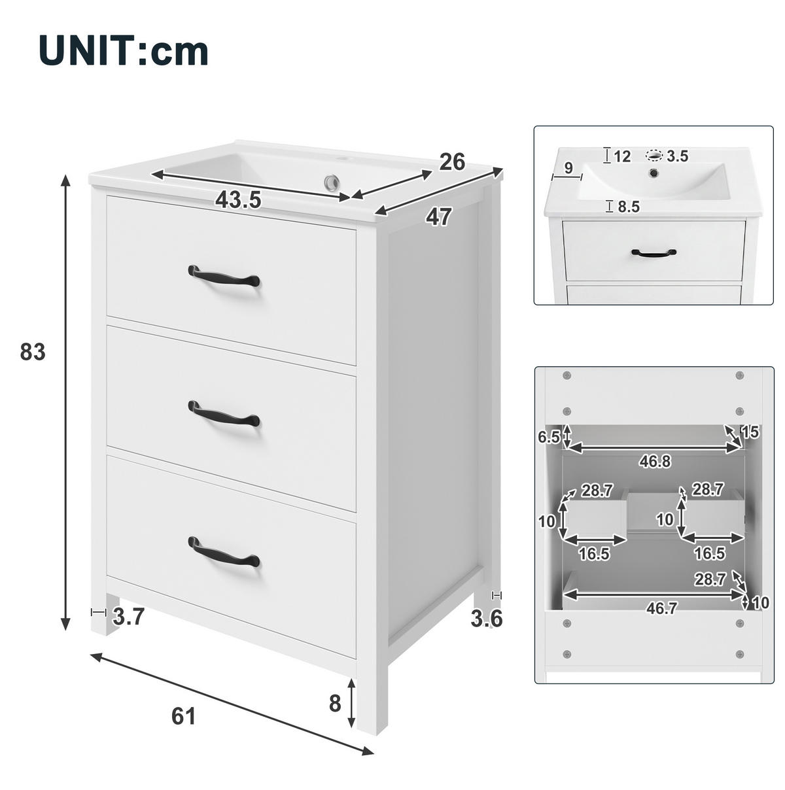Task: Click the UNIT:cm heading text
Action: (124, 50)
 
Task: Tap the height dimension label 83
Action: (33, 352)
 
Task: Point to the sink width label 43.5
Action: (238, 199)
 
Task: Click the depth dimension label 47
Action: (438, 217)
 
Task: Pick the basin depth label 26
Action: (453, 162)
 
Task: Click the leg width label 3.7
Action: (129, 617)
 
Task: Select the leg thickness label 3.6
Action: (487, 619)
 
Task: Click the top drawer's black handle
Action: (224, 276)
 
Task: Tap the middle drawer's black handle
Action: (224, 414)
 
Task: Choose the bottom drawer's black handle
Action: (224, 552)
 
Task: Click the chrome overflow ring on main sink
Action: (332, 182)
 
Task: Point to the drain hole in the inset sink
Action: (654, 172)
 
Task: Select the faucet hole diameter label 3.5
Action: (677, 156)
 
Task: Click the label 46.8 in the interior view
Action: (655, 462)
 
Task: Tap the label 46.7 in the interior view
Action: (662, 608)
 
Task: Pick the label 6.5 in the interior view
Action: (549, 438)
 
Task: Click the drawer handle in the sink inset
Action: (654, 253)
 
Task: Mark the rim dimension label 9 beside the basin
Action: (568, 167)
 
